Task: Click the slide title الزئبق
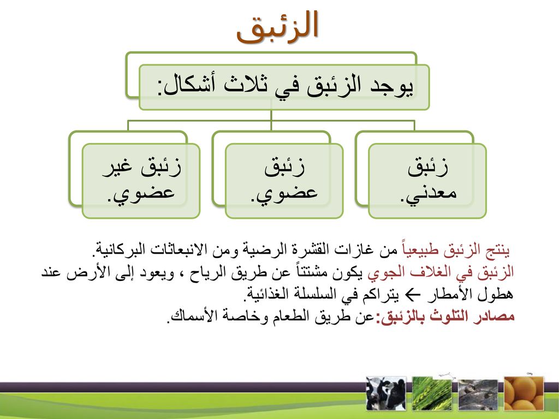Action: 277,27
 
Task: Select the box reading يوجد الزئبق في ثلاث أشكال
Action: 284,87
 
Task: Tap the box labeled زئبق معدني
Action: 427,181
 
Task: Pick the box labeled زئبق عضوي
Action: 284,181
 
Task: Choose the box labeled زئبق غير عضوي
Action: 141,181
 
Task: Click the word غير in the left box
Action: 118,167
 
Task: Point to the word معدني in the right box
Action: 428,194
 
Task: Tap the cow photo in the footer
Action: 386,393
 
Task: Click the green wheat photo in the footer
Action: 432,393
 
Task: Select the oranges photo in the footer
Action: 524,393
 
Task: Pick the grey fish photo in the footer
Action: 478,394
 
